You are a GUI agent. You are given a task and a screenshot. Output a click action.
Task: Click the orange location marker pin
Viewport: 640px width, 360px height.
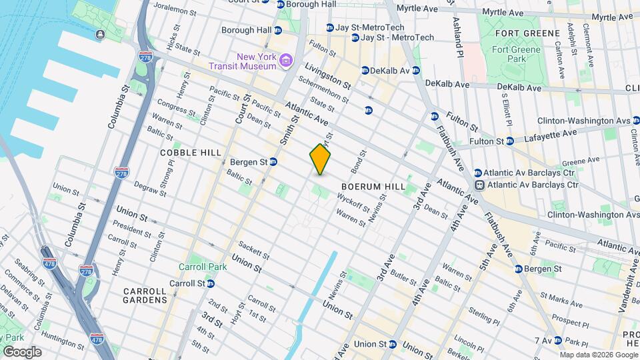[321, 159]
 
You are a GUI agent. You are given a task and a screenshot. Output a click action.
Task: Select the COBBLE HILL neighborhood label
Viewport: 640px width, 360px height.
[191, 153]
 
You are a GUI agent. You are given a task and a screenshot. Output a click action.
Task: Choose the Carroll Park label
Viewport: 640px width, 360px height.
[202, 267]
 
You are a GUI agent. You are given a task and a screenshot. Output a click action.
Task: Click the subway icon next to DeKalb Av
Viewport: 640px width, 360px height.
[365, 70]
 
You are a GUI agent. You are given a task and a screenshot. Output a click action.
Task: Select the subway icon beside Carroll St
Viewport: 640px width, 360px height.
[210, 283]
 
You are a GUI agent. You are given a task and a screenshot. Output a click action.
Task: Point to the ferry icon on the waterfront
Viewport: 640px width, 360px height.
[99, 34]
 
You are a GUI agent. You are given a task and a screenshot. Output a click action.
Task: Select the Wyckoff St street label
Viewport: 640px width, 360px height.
[354, 202]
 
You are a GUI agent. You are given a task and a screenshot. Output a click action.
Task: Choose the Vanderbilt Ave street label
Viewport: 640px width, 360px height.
[629, 274]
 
